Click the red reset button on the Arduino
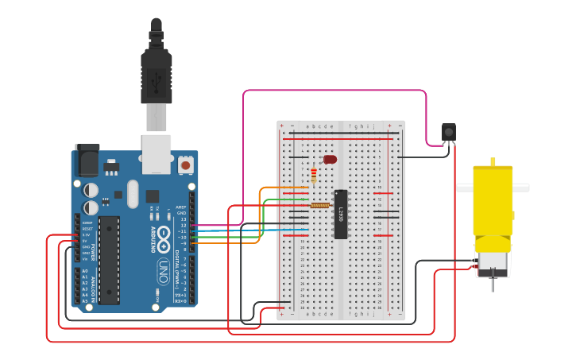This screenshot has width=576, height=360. click(186, 165)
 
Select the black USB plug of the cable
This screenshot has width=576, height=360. click(157, 75)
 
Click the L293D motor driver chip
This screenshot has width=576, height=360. click(341, 214)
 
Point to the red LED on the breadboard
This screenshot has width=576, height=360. click(330, 160)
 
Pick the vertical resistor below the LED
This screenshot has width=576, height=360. click(315, 175)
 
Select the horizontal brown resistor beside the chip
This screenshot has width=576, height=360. click(319, 205)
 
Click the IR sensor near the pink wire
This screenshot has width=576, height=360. click(449, 133)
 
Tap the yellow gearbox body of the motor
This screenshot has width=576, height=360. click(493, 199)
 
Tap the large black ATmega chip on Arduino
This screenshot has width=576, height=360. click(109, 259)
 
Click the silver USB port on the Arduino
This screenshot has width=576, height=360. click(157, 153)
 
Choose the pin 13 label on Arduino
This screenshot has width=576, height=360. click(184, 219)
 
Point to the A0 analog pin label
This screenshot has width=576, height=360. click(85, 271)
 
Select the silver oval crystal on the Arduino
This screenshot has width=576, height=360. click(132, 193)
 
